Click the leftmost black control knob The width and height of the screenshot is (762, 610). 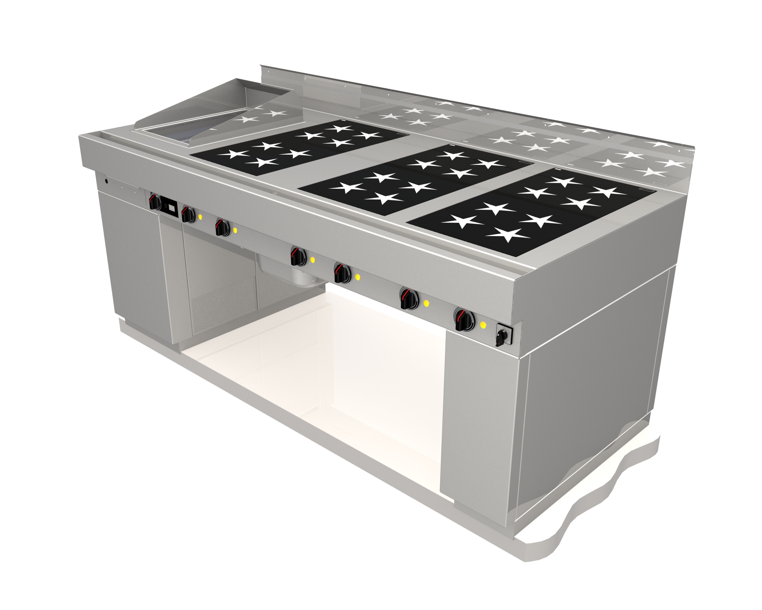click(155, 202)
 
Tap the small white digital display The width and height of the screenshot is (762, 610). click(172, 207)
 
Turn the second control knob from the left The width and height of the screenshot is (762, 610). click(188, 214)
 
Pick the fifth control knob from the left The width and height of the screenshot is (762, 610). click(342, 273)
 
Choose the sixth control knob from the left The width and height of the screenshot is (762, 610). click(408, 299)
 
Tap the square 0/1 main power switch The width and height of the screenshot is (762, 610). click(503, 334)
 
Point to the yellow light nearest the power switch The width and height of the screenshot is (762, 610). click(483, 325)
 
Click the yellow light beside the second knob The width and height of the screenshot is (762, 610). click(200, 217)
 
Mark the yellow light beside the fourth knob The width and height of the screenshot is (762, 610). click(312, 260)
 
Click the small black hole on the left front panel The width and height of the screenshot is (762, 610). click(106, 181)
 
